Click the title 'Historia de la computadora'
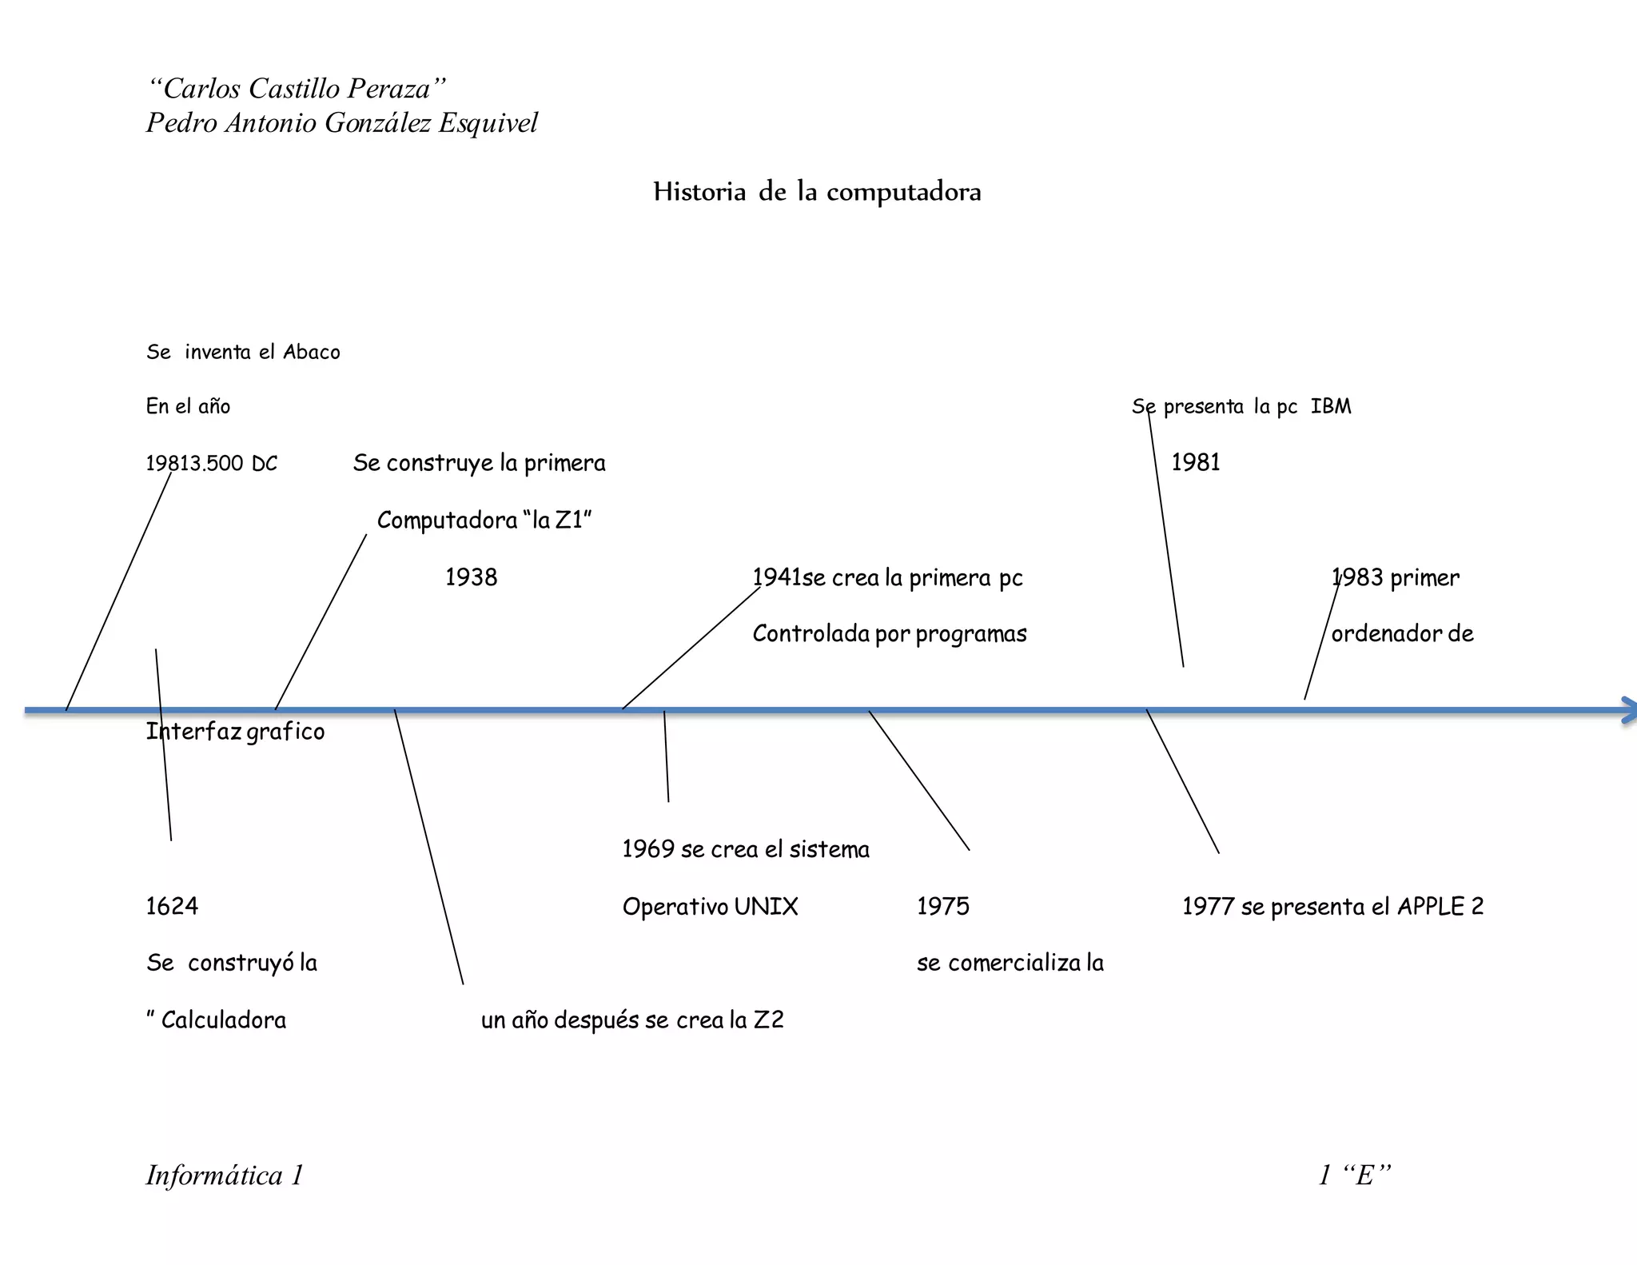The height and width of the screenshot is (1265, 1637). click(x=817, y=192)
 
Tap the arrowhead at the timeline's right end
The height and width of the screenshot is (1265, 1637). click(x=1627, y=710)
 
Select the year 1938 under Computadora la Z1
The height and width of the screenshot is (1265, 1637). click(x=471, y=577)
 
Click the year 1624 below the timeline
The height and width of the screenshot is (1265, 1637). click(x=172, y=906)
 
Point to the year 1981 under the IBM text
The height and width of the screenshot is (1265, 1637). click(x=1196, y=462)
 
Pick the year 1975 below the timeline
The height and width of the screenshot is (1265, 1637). click(x=943, y=906)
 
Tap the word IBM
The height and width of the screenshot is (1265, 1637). click(x=1331, y=406)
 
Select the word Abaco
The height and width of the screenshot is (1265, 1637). click(x=312, y=353)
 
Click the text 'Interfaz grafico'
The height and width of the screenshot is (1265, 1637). click(x=235, y=732)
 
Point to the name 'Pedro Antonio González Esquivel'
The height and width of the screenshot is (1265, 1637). click(x=341, y=123)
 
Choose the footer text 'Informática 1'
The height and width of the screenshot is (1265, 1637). click(x=225, y=1175)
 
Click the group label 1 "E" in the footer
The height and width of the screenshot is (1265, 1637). click(x=1355, y=1175)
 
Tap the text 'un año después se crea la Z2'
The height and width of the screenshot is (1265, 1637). click(x=632, y=1020)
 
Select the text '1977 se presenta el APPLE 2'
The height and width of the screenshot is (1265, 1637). click(x=1332, y=907)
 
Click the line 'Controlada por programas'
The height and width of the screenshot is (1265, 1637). click(x=890, y=634)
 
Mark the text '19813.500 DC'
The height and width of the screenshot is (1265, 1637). click(x=212, y=464)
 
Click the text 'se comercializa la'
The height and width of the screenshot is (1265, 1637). click(x=1010, y=963)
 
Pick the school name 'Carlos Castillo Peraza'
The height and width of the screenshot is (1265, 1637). click(x=296, y=89)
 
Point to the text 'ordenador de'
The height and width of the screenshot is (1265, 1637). click(x=1402, y=634)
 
